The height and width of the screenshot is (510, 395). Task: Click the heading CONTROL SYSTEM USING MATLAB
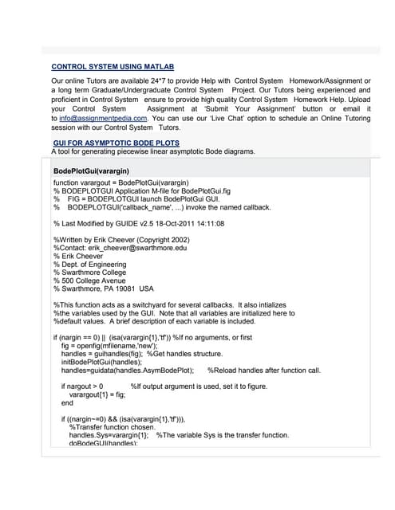tap(113, 67)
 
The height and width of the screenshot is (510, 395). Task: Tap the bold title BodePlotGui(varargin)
tap(91, 171)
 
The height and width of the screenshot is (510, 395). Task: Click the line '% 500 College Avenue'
tap(89, 280)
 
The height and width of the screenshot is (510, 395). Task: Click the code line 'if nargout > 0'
tap(82, 386)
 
